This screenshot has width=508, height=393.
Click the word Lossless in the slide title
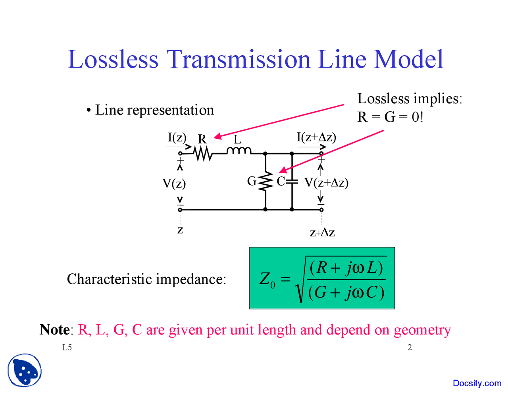pos(113,60)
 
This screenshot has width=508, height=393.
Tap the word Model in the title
pos(409,60)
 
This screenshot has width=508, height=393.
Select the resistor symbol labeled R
pos(203,153)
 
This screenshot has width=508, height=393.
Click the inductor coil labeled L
pos(239,150)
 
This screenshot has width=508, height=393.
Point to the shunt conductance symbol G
pos(266,182)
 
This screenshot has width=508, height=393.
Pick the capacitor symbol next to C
pos(292,182)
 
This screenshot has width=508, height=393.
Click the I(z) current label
pos(177,137)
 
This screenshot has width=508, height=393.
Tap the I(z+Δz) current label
pos(316,137)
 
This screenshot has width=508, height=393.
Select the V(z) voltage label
pos(174,184)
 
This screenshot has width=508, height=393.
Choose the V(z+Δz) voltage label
pos(326,183)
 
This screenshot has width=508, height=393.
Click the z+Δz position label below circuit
pos(322,232)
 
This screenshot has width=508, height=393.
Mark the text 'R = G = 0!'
pos(390,117)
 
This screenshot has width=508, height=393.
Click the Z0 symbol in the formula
pos(267,279)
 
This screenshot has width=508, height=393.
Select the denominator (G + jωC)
pos(346,292)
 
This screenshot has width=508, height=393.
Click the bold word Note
pos(54,330)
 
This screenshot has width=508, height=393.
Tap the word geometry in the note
pos(422,331)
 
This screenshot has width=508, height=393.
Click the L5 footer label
pos(67,348)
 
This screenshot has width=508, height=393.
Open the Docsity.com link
pos(477,383)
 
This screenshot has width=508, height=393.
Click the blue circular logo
pos(25,370)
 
